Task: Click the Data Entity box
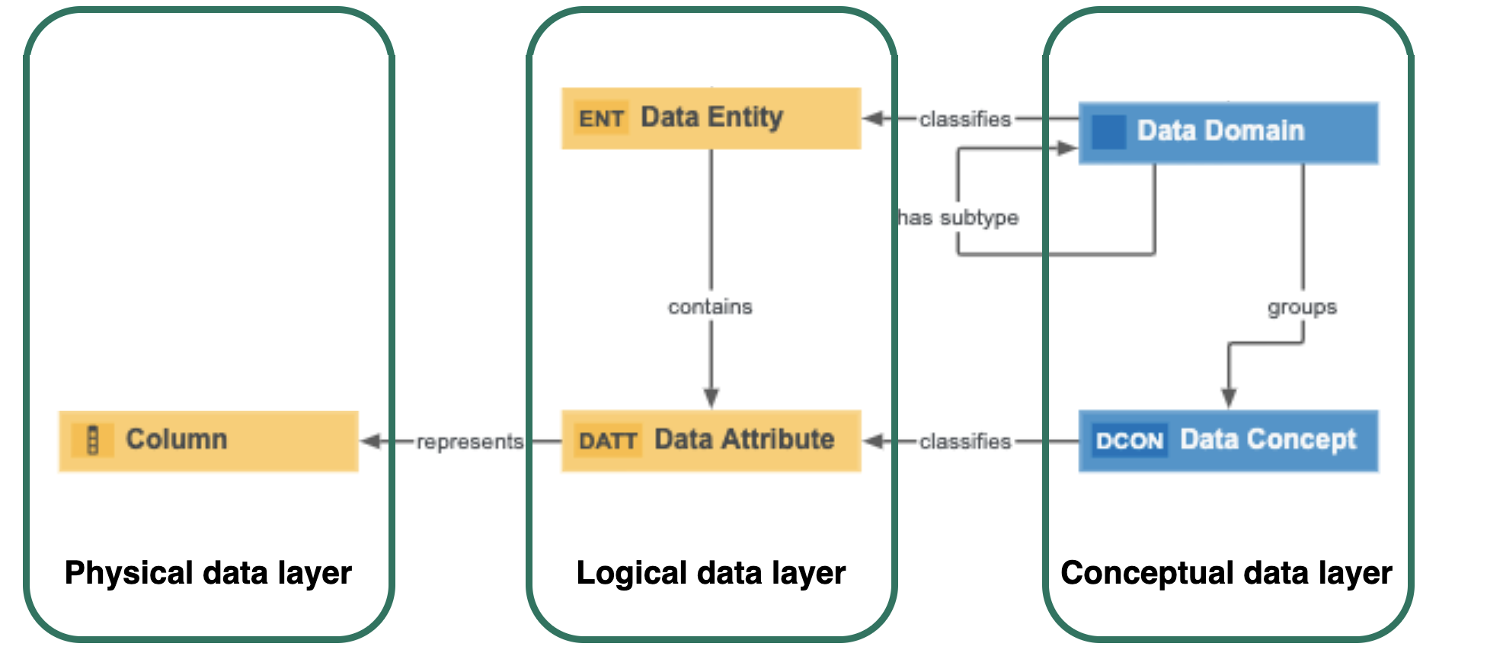tap(711, 118)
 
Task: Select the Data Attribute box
tap(711, 440)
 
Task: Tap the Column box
tap(208, 440)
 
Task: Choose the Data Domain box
tap(1228, 133)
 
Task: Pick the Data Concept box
tap(1228, 440)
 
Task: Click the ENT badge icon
tap(601, 118)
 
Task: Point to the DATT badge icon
tap(607, 440)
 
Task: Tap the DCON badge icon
tap(1129, 440)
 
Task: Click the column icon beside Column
tap(93, 440)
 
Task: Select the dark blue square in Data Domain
tap(1108, 132)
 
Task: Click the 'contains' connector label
tap(710, 306)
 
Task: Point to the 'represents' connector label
tap(469, 441)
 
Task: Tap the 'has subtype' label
tap(958, 218)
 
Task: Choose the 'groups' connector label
tap(1302, 307)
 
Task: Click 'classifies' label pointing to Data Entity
tap(964, 119)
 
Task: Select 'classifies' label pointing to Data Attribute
tap(964, 441)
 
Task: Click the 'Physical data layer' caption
tap(208, 572)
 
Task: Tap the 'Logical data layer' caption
tap(711, 572)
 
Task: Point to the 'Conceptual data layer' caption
tap(1226, 572)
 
